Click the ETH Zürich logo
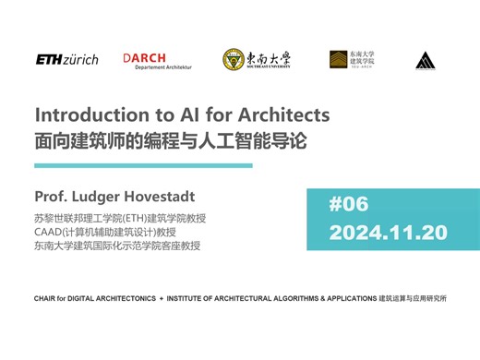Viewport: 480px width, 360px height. [66, 59]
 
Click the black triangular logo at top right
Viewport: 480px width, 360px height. [425, 60]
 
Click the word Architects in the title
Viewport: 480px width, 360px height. [281, 115]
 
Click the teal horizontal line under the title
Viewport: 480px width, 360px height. [143, 165]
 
